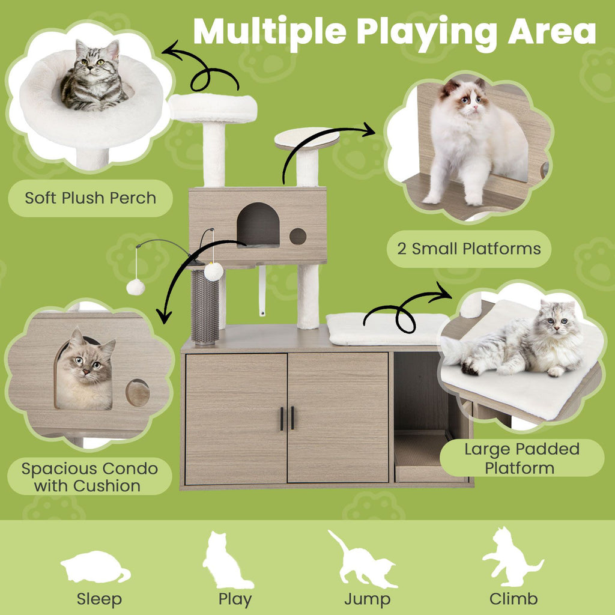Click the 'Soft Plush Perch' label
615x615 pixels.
point(90,198)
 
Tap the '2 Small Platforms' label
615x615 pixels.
point(468,249)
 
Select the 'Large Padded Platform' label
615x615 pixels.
point(521,458)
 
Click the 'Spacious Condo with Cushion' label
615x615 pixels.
point(90,477)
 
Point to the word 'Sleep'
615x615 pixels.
point(99,599)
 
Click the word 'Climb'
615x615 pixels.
point(514,599)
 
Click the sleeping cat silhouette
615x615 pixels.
point(95,568)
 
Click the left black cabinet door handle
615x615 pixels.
point(281,418)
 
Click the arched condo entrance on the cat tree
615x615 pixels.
point(258,224)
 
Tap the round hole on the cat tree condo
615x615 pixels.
point(298,236)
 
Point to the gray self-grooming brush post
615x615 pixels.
point(205,306)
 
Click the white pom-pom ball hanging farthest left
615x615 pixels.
point(135,287)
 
